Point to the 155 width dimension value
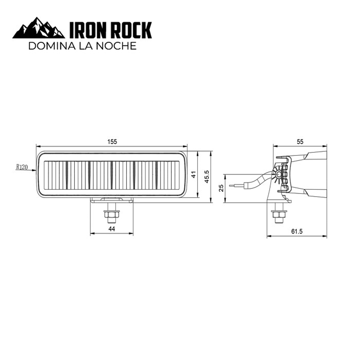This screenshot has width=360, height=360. pyautogui.click(x=112, y=142)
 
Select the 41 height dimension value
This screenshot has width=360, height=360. pyautogui.click(x=193, y=174)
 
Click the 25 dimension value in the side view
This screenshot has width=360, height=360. pyautogui.click(x=221, y=188)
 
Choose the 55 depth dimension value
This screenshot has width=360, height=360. pyautogui.click(x=300, y=142)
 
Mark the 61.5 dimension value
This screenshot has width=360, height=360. pyautogui.click(x=297, y=231)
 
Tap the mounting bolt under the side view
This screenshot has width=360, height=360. pyautogui.click(x=279, y=215)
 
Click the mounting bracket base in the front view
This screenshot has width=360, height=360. pyautogui.click(x=111, y=200)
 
